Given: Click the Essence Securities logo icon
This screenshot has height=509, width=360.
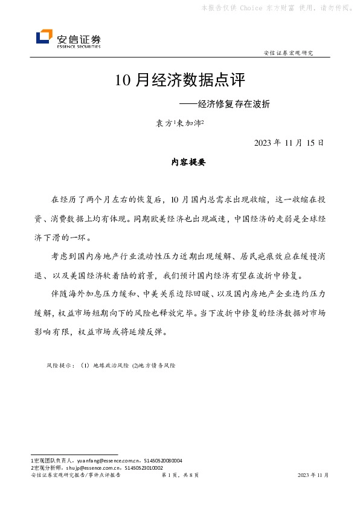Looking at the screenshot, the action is coord(44,38).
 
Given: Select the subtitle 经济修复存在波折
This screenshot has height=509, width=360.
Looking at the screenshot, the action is coord(229,103).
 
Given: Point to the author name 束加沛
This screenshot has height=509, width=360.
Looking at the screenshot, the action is coord(189,123).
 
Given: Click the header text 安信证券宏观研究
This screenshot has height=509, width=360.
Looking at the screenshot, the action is coord(289,53).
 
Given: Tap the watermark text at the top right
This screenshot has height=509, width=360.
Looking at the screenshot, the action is coord(278,8).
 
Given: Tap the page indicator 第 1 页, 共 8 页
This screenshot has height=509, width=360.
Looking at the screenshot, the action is coord(181,476).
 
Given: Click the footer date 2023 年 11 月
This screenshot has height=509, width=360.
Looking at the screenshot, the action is coord(313,476).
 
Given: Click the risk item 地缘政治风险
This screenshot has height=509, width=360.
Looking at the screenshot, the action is coord(106,366).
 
